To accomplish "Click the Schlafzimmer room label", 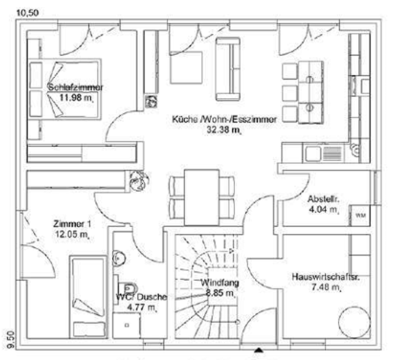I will pos(76,88).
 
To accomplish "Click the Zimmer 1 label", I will pos(72,224).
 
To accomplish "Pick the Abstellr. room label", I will pos(323,200).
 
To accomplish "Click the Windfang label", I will pos(220,282).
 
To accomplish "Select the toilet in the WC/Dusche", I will pos(130,283).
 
